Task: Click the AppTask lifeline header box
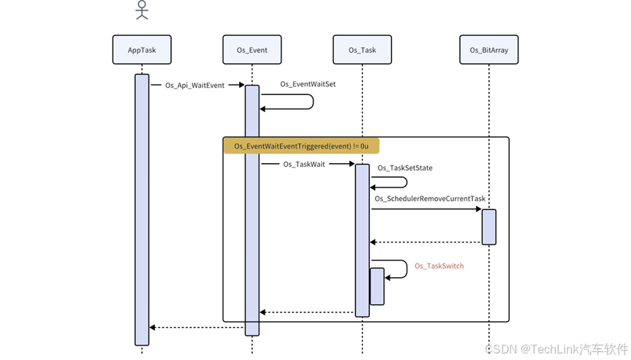(142, 50)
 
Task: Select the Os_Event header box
(252, 50)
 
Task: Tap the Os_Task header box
(362, 50)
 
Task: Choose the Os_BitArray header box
(489, 50)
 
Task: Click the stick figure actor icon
(142, 10)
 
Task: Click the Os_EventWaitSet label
(308, 84)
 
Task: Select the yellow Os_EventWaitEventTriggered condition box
(301, 146)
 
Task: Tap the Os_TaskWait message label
(304, 165)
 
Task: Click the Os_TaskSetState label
(405, 168)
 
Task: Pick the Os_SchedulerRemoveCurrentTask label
(430, 198)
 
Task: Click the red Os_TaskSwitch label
(439, 266)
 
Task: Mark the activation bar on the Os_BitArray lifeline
(489, 227)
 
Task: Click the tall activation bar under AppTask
(142, 209)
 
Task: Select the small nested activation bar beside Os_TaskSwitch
(377, 286)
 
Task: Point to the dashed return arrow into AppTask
(196, 327)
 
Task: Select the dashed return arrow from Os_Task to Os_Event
(307, 312)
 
